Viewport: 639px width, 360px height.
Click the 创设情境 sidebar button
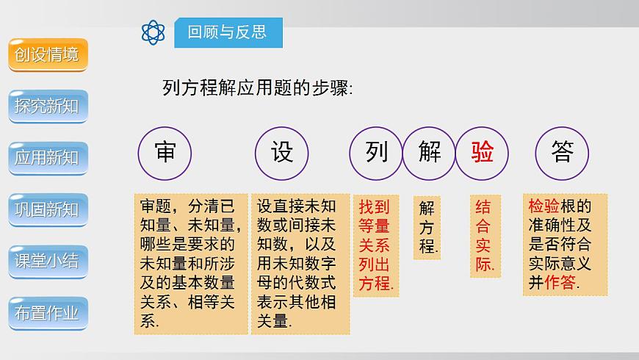[48, 55]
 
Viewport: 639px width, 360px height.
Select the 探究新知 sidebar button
[48, 107]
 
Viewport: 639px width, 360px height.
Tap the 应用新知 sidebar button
[48, 158]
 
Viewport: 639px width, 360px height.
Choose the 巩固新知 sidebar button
[48, 209]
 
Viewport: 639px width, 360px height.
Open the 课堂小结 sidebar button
[48, 261]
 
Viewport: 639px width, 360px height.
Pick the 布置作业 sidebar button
[48, 313]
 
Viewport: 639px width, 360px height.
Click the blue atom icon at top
[154, 32]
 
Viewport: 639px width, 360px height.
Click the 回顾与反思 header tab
[227, 32]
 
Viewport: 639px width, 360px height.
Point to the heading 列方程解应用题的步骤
[257, 89]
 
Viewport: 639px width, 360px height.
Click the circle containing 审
[165, 153]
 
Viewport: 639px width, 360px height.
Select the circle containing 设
[282, 153]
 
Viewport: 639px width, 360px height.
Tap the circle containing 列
[376, 153]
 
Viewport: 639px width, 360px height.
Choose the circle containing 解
[430, 153]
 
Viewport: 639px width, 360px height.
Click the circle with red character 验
[483, 153]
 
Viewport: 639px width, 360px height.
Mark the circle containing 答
[563, 153]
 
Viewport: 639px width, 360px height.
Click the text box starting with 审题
[190, 264]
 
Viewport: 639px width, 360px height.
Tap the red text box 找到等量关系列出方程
[376, 245]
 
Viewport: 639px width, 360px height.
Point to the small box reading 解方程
[427, 227]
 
